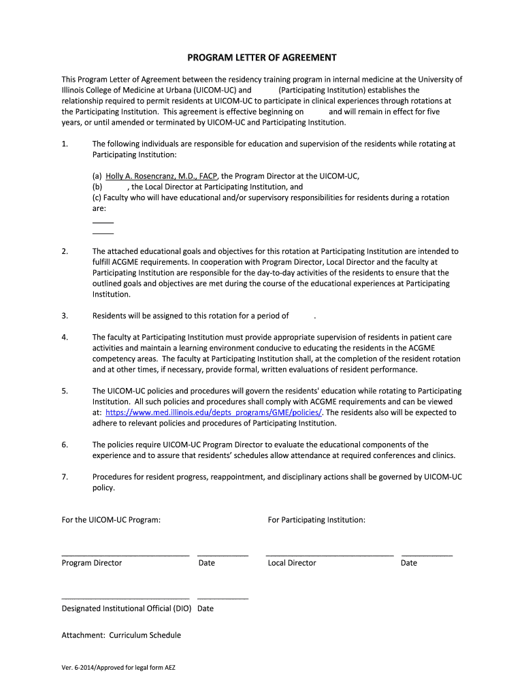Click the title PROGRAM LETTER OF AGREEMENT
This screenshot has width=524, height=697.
pyautogui.click(x=262, y=57)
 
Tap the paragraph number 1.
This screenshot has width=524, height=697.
pyautogui.click(x=65, y=144)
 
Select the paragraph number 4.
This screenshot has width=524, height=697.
pyautogui.click(x=65, y=337)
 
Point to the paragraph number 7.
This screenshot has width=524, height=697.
pyautogui.click(x=65, y=477)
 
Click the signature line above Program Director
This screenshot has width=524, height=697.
pyautogui.click(x=125, y=555)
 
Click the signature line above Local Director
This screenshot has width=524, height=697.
pyautogui.click(x=329, y=555)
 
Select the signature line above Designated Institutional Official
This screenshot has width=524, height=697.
pyautogui.click(x=125, y=598)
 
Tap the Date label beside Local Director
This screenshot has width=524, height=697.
pyautogui.click(x=409, y=563)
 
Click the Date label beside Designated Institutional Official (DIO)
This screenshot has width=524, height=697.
pyautogui.click(x=206, y=609)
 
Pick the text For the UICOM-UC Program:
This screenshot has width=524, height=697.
pyautogui.click(x=112, y=520)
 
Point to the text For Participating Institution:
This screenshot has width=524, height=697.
pyautogui.click(x=316, y=520)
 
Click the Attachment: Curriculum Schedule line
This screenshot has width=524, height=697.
pyautogui.click(x=121, y=635)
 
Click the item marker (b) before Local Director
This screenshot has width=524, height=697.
pyautogui.click(x=97, y=187)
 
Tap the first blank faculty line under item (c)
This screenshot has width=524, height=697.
pyautogui.click(x=103, y=222)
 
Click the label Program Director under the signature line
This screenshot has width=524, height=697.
pyautogui.click(x=92, y=563)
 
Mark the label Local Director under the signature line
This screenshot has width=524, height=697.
pyautogui.click(x=292, y=563)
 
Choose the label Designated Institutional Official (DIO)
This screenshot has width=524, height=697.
pyautogui.click(x=127, y=609)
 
